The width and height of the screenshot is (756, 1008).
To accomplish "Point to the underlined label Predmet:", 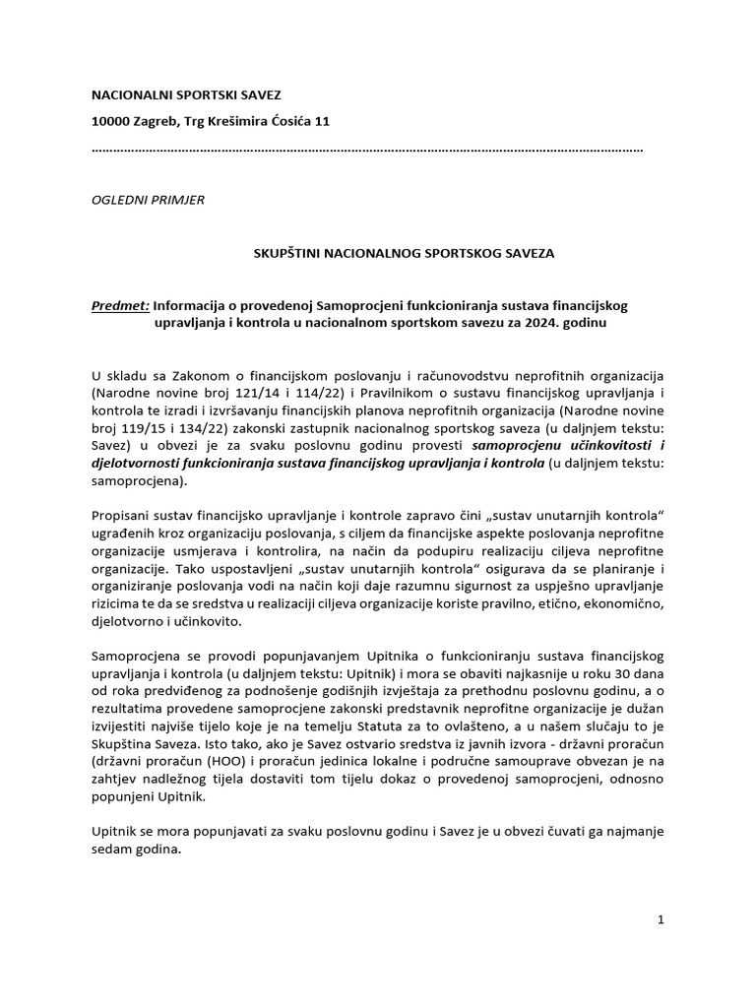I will point(119,306).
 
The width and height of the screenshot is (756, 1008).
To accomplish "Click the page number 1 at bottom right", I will point(661,919).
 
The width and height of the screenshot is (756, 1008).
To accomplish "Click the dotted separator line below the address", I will point(366,150).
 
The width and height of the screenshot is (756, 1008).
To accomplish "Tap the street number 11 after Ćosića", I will point(321,121).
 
